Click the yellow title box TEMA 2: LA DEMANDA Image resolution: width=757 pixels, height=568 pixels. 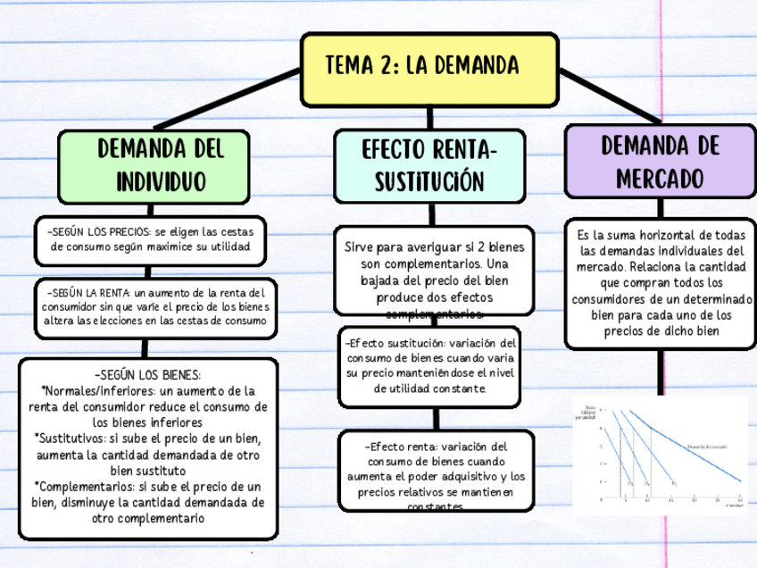point(429,68)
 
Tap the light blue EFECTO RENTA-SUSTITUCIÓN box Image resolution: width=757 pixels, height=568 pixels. point(429,165)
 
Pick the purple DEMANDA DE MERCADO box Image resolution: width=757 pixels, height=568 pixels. point(660,161)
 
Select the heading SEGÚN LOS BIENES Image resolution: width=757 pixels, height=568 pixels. point(146,375)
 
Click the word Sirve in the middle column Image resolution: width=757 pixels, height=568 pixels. point(361,247)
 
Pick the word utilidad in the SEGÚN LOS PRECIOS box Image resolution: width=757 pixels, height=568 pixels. point(230,246)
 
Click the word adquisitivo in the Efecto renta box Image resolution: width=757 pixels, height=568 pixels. point(480,477)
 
